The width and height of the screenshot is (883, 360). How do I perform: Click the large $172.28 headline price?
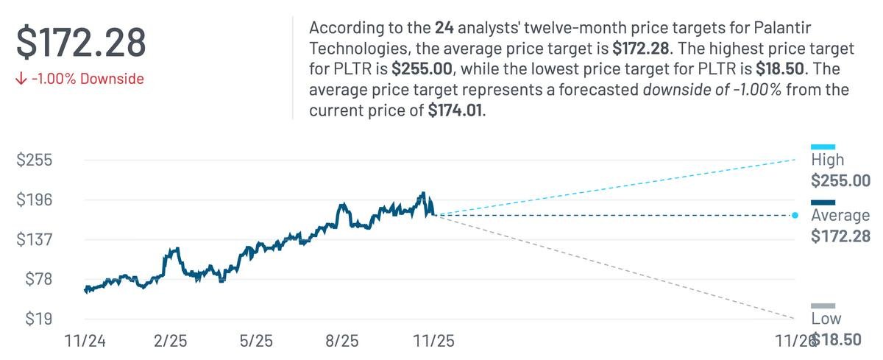tap(82, 42)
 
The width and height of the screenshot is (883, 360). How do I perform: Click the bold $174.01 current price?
tap(455, 112)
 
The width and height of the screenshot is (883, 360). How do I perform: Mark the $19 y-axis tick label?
tap(38, 320)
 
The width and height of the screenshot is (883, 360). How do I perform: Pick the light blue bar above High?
tap(823, 147)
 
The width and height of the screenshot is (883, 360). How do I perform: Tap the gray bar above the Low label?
tap(823, 306)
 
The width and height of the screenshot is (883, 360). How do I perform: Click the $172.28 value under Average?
tap(840, 236)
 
